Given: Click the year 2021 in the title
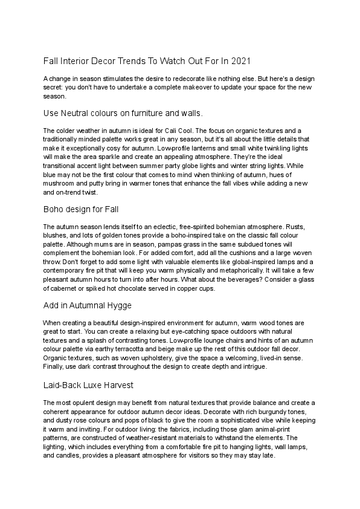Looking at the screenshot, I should click(x=238, y=62).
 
